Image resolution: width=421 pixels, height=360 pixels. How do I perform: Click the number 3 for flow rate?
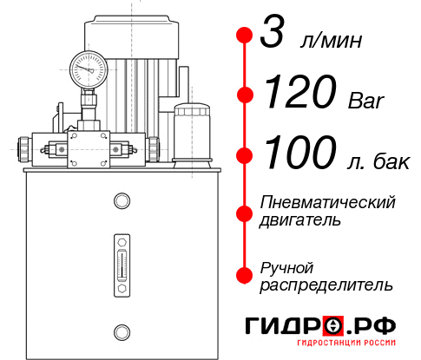274,36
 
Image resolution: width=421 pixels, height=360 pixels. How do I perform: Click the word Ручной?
286,266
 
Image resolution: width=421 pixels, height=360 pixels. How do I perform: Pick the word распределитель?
326,285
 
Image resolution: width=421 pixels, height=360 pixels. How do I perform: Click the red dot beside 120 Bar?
245,95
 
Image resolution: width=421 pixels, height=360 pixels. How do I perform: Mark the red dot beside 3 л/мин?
245,36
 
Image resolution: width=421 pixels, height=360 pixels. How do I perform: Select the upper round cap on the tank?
121,202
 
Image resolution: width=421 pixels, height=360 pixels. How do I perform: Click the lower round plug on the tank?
121,330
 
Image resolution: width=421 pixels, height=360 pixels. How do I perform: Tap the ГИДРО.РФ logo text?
321,326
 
